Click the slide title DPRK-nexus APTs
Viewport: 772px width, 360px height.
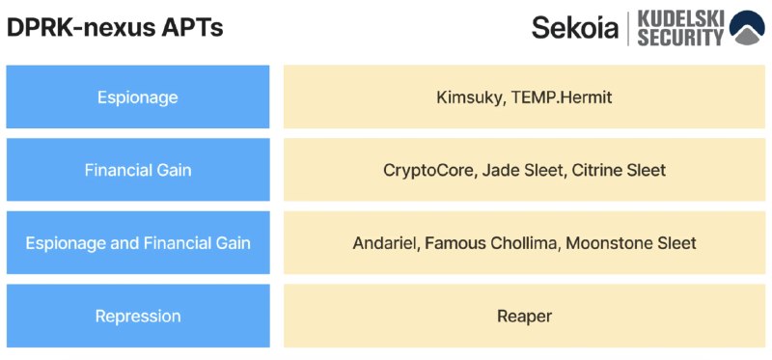pyautogui.click(x=115, y=28)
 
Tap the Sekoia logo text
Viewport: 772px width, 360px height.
pyautogui.click(x=574, y=28)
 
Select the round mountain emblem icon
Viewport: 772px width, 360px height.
pyautogui.click(x=747, y=28)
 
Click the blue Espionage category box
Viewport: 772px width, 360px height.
pyautogui.click(x=138, y=97)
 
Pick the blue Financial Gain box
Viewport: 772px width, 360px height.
pyautogui.click(x=138, y=170)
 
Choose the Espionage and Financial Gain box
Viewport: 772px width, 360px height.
pyautogui.click(x=138, y=242)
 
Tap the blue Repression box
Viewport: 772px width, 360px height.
pyautogui.click(x=138, y=316)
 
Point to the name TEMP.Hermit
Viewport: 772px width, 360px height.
pyautogui.click(x=562, y=97)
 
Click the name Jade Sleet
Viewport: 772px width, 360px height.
pyautogui.click(x=522, y=170)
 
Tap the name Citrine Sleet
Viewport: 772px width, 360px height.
pyautogui.click(x=620, y=170)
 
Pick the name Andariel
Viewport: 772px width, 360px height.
pyautogui.click(x=383, y=243)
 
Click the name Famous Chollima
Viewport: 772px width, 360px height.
pyautogui.click(x=490, y=243)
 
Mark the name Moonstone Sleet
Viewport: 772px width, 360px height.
pyautogui.click(x=631, y=243)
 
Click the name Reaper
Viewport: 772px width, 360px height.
pyautogui.click(x=524, y=317)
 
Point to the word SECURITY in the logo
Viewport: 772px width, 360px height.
pyautogui.click(x=681, y=37)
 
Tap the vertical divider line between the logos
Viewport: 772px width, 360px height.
pyautogui.click(x=628, y=28)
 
